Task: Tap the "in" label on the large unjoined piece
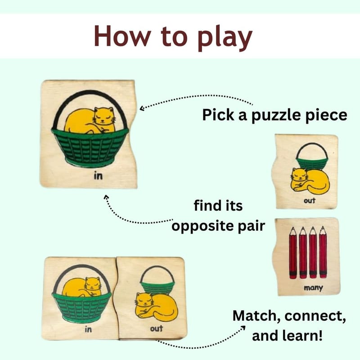(x=98, y=175)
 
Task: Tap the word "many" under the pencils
(x=313, y=288)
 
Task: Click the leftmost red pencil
(x=293, y=252)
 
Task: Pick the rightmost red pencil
(x=323, y=252)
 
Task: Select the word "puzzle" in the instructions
(x=276, y=116)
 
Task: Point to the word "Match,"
(x=256, y=316)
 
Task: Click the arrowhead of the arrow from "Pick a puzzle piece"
(x=142, y=108)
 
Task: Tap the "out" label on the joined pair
(x=156, y=328)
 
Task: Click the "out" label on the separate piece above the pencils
(x=310, y=200)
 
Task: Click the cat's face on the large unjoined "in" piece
(x=104, y=116)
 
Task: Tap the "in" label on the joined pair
(x=88, y=329)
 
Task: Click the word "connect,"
(x=315, y=316)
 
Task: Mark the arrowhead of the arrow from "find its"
(x=106, y=197)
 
